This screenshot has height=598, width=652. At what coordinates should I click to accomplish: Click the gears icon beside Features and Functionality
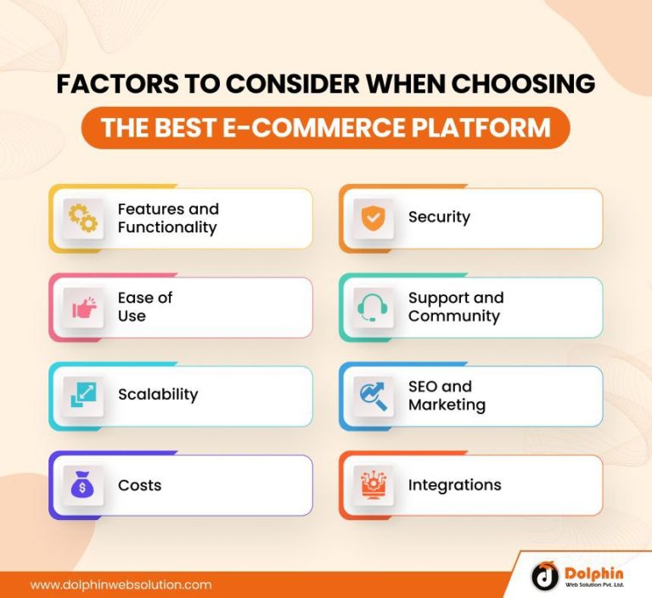pos(83,218)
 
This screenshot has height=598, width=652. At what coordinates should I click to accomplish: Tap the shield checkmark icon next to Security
pos(372,218)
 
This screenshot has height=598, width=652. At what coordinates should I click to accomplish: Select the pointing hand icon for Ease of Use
pos(83,307)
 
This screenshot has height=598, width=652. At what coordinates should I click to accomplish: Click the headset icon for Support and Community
pos(372,307)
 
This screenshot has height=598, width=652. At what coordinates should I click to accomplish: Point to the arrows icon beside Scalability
pos(83,395)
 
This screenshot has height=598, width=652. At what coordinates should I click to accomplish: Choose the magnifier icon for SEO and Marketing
pos(372,395)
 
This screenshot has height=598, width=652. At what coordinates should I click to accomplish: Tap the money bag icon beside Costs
pos(83,486)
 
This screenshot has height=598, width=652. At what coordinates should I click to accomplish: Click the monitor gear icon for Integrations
pos(372,486)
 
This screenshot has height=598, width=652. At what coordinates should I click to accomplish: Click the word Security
pos(439,217)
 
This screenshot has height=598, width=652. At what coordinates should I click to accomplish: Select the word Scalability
pos(158,394)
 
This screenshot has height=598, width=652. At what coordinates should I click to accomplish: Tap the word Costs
pos(139,485)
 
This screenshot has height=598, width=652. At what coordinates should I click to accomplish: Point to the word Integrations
pos(454,485)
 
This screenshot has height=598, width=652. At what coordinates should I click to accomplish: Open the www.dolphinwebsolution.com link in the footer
pos(121,584)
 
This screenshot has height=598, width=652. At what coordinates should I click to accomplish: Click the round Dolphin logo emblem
pos(545,576)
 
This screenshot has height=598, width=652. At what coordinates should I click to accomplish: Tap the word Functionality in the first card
pos(167,227)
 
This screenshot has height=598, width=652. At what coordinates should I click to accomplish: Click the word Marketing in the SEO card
pos(447,405)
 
